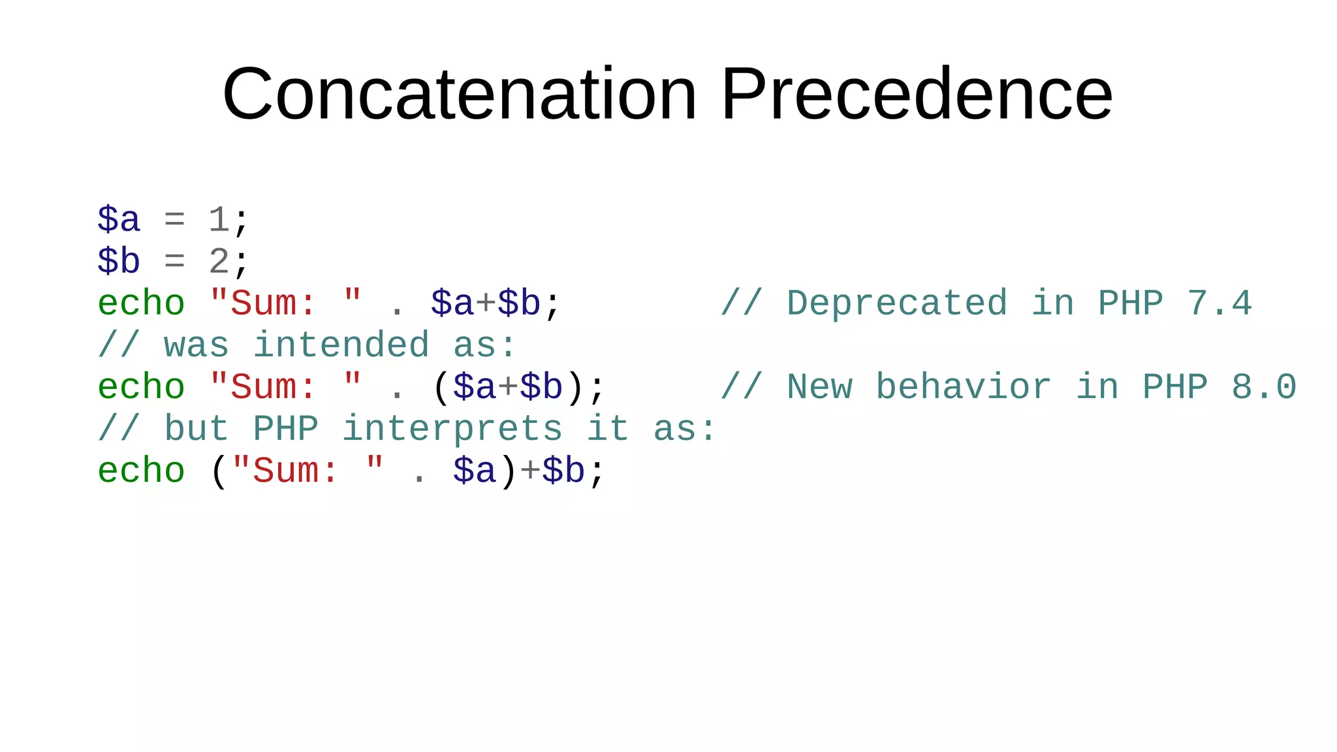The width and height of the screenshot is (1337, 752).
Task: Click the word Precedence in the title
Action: point(917,95)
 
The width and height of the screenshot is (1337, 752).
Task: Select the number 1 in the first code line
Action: point(219,220)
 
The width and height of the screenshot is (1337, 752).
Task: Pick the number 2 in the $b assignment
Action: point(219,262)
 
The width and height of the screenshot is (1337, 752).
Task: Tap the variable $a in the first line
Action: point(119,220)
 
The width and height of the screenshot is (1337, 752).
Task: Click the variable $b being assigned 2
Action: point(119,262)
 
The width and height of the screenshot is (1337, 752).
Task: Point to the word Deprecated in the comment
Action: point(897,304)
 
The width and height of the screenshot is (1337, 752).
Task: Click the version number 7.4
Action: point(1219,304)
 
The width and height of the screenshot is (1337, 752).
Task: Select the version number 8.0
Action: point(1264,387)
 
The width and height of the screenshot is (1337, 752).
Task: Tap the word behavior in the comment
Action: point(964,387)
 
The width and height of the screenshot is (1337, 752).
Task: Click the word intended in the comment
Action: point(341,345)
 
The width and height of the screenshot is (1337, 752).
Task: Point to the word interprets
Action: point(452,429)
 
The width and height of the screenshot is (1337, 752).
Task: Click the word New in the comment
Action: point(820,387)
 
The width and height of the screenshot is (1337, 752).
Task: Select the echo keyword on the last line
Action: point(141,471)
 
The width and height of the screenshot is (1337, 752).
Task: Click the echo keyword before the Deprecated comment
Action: point(141,304)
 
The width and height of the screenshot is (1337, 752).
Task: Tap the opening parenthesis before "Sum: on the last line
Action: point(219,471)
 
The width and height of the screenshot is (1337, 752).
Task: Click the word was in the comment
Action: point(197,345)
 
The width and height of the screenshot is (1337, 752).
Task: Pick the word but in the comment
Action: point(197,429)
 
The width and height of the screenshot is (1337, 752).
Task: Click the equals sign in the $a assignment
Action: point(174,220)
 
